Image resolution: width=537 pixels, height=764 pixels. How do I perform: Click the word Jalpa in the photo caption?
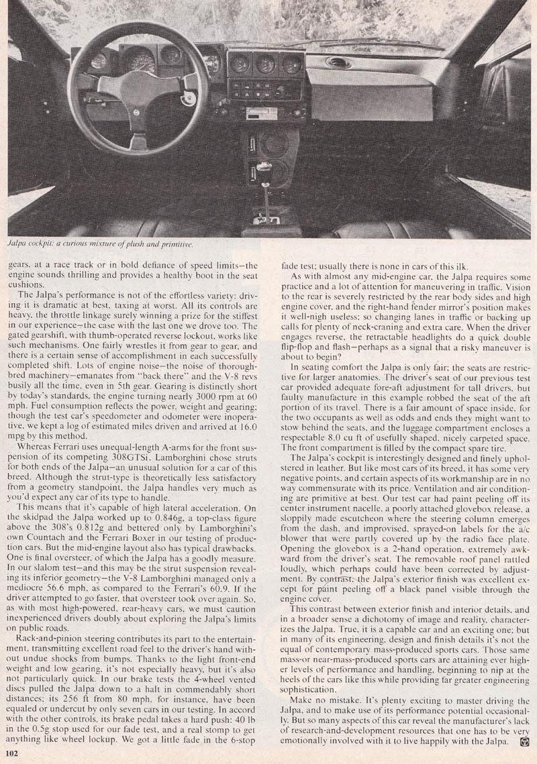pyautogui.click(x=20, y=245)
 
